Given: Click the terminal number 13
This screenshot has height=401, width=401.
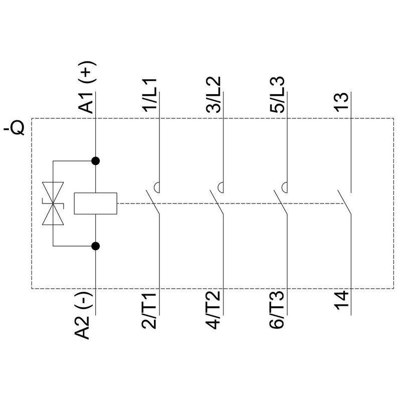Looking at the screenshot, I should click(342, 102).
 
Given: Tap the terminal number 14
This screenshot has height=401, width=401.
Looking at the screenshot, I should click(342, 305).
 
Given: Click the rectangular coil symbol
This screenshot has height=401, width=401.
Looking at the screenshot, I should click(95, 204).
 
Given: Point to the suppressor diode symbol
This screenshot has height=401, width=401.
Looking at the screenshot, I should click(53, 204).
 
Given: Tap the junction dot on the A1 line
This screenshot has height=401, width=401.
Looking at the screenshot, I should click(95, 161).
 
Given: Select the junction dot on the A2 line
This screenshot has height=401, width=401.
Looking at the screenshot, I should click(95, 246).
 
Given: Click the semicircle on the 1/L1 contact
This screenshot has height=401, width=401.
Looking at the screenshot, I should click(157, 187).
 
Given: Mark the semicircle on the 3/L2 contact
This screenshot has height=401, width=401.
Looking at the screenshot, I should click(221, 187).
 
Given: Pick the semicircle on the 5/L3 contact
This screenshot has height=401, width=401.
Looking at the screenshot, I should click(284, 187).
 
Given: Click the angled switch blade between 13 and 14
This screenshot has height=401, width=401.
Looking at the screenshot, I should click(343, 203).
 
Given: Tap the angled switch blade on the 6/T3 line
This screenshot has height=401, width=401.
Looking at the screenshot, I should click(279, 203).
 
